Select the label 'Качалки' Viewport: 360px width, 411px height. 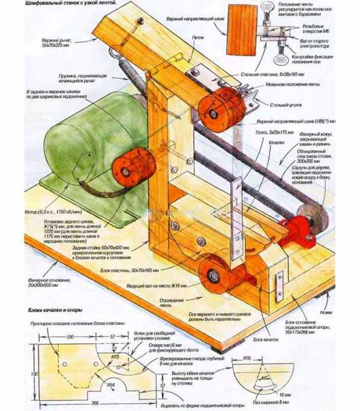pyautogui.click(x=275, y=143)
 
